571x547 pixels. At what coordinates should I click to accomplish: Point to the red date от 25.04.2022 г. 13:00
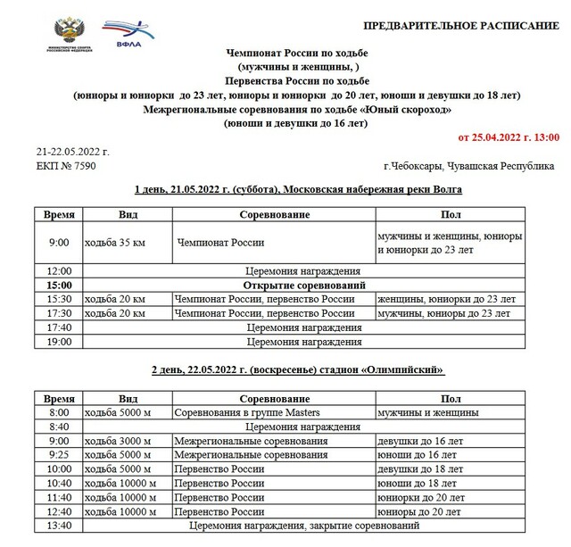pyautogui.click(x=508, y=138)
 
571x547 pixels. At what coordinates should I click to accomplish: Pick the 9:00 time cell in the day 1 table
pyautogui.click(x=59, y=242)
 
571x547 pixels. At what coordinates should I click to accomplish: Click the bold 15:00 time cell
pyautogui.click(x=59, y=285)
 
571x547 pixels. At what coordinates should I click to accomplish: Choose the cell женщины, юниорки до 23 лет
pyautogui.click(x=446, y=299)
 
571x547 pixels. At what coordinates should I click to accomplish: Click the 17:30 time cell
pyautogui.click(x=59, y=313)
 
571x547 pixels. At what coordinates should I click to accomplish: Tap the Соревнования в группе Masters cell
pyautogui.click(x=247, y=412)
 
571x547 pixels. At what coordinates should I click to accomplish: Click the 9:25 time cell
pyautogui.click(x=59, y=455)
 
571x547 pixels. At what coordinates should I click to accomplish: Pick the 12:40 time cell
pyautogui.click(x=59, y=512)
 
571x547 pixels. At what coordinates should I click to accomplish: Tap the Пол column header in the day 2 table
pyautogui.click(x=451, y=398)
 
